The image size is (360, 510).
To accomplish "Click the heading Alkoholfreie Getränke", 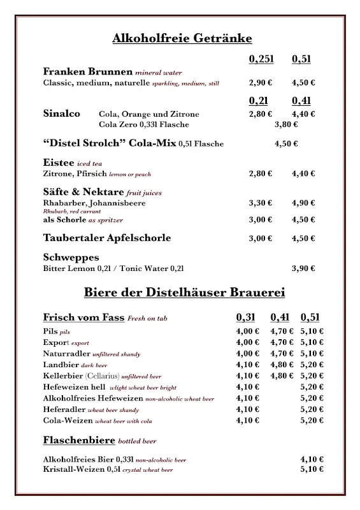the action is pos(182,38).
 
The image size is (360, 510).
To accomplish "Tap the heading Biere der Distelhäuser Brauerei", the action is pos(184,293).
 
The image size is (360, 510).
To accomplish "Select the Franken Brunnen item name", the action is pos(88,71).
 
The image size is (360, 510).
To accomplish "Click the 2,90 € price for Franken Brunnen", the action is pos(260,83).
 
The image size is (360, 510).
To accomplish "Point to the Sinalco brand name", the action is pos(62,113).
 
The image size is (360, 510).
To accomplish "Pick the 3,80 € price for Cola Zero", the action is pos(286,124).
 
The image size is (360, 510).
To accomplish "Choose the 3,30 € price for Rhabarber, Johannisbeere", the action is pos(260,203).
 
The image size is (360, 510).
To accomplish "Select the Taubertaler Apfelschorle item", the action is pos(107,238).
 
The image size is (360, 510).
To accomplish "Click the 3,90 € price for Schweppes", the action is pos(303,268).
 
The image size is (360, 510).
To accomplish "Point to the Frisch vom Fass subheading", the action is pos(84,317).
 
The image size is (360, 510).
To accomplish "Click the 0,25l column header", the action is pos(261,59).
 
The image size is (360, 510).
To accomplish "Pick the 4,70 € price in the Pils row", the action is pos(282,331).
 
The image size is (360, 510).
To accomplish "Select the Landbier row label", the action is pos(61,365).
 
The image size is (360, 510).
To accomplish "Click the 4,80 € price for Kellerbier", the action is pos(282,375).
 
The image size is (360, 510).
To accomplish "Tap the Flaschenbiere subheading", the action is pos(78,440).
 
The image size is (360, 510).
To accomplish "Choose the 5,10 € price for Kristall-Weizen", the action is pos(312,469).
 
